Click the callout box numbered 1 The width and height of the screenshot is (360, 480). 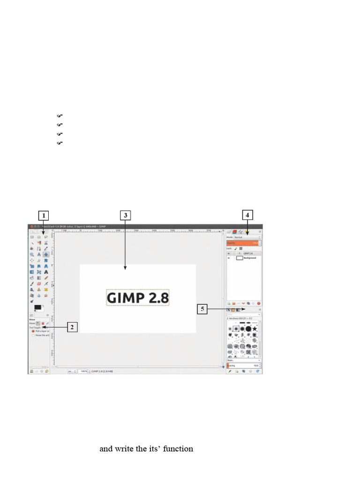tap(44, 216)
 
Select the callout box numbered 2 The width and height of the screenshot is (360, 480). tap(71, 327)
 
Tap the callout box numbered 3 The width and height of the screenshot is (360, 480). tap(125, 216)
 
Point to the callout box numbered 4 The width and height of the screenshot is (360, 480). tap(248, 216)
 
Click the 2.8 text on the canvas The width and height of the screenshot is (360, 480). tap(156, 298)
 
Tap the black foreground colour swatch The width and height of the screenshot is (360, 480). tap(37, 307)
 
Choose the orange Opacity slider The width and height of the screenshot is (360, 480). tap(243, 243)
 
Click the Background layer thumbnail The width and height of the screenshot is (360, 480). tap(240, 258)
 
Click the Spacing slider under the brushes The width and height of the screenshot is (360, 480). tap(243, 365)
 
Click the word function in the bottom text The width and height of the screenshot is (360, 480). tap(177, 449)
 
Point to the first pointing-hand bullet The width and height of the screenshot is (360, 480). tap(60, 115)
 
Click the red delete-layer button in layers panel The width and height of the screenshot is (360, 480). tap(258, 304)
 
